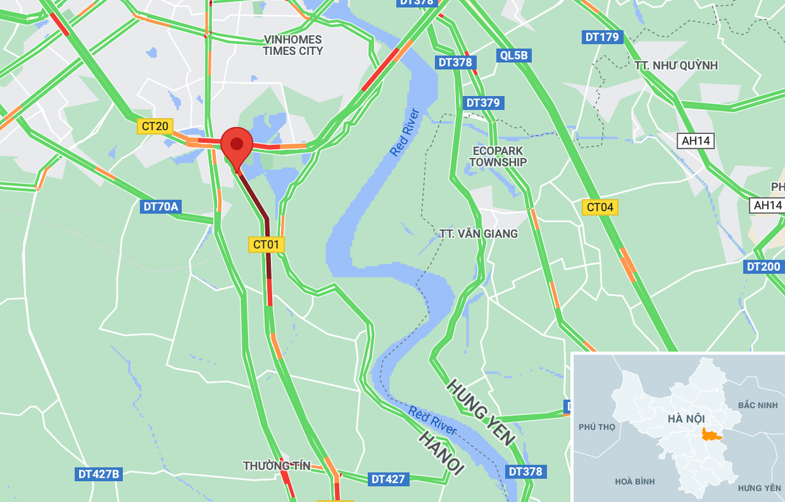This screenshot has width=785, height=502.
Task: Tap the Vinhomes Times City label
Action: point(292,45)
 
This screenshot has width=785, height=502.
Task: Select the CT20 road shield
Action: point(154,126)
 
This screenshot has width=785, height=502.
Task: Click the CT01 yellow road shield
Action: point(267,244)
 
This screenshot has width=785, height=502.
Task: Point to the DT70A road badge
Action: point(160,207)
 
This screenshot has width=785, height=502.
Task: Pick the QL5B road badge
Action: point(514,56)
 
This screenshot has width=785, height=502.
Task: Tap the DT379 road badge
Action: point(483,103)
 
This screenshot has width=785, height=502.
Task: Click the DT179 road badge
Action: point(602,37)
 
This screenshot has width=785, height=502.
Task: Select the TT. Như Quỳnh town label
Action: point(676,65)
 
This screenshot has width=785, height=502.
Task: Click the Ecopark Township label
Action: point(498,156)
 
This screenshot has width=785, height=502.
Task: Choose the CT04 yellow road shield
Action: point(600,207)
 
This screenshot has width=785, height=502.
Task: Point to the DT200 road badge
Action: point(763,267)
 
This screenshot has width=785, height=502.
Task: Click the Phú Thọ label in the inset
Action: point(597,427)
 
